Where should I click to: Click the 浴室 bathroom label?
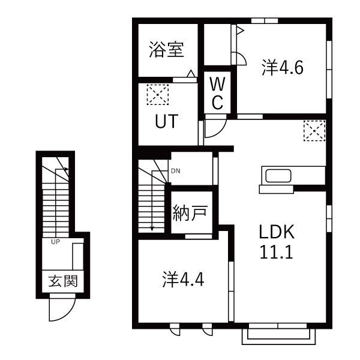tap(166, 50)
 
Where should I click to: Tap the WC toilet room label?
tap(217, 94)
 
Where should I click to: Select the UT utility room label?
tap(166, 122)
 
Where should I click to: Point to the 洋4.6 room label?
tap(282, 68)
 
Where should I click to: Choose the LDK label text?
tap(275, 232)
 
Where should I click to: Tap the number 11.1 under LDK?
tap(275, 252)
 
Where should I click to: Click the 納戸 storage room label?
tap(191, 214)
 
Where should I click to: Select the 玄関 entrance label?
tap(62, 281)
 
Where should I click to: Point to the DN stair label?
tap(175, 171)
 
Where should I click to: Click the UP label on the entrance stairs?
tap(55, 242)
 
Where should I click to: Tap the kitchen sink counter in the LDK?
tap(277, 178)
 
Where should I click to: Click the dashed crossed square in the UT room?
tap(158, 94)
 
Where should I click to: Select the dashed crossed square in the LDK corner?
tap(314, 130)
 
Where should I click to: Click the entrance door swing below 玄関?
tap(60, 311)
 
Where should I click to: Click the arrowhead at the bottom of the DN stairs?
tap(152, 227)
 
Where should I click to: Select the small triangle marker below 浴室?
tap(190, 74)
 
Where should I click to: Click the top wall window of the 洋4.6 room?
tap(265, 20)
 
